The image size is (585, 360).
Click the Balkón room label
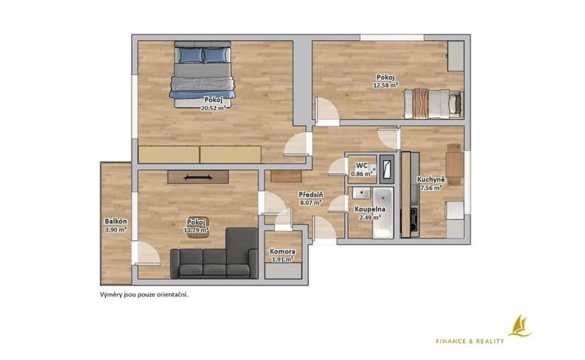115,222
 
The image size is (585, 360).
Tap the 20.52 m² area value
213,108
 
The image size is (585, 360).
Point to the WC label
361,165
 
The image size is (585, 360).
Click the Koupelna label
369,209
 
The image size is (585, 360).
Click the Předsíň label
310,195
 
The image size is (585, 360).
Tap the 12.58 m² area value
385,85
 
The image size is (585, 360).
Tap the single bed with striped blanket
433,102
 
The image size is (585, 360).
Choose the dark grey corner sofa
214,258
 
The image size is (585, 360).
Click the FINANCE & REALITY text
470,341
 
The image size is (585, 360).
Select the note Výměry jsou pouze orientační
144,294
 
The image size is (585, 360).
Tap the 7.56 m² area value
430,187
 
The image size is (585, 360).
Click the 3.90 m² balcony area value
115,229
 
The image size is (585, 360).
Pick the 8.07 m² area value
310,203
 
